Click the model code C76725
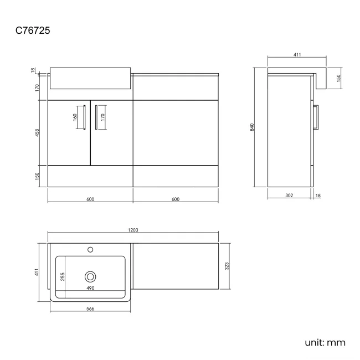[33, 31]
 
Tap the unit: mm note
[325, 342]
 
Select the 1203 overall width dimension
[133, 230]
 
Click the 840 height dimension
[252, 127]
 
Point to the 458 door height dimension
[37, 133]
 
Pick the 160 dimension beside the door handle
[74, 117]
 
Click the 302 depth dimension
[289, 195]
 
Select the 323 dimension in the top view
[227, 266]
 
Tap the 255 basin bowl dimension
[63, 276]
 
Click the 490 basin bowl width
[90, 289]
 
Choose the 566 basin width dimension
[90, 308]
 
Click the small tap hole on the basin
[90, 250]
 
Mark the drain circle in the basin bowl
[90, 276]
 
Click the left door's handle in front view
[83, 117]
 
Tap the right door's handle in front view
[96, 117]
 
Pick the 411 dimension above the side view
[297, 55]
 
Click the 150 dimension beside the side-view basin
[338, 78]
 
